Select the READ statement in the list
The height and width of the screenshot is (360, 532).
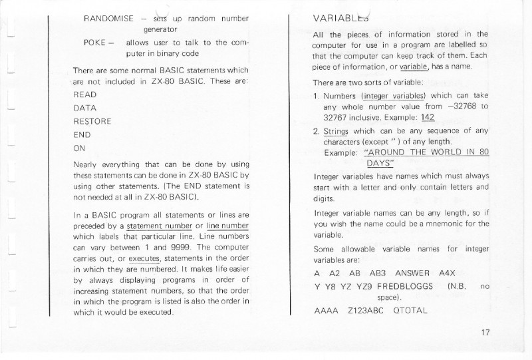[85, 94]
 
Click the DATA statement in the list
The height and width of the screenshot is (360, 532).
[85, 108]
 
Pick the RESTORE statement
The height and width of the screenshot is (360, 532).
[92, 121]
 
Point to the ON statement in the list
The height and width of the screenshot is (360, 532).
[80, 148]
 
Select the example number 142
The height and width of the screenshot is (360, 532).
[428, 117]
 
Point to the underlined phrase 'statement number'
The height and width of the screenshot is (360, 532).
[154, 226]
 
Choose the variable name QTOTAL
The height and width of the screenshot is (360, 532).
[410, 310]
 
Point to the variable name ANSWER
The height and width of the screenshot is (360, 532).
[413, 273]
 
